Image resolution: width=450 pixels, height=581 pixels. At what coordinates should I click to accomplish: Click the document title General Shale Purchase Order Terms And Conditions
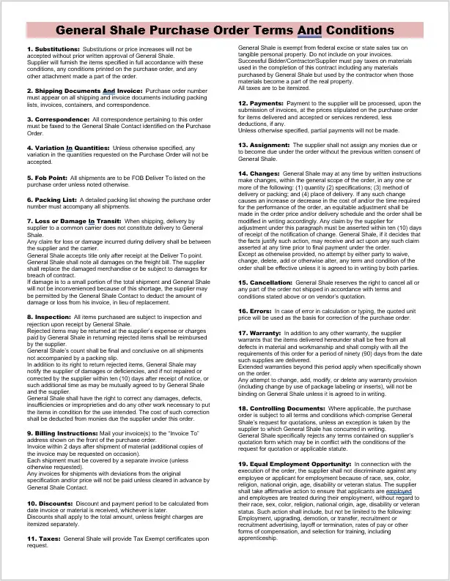(x=224, y=31)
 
